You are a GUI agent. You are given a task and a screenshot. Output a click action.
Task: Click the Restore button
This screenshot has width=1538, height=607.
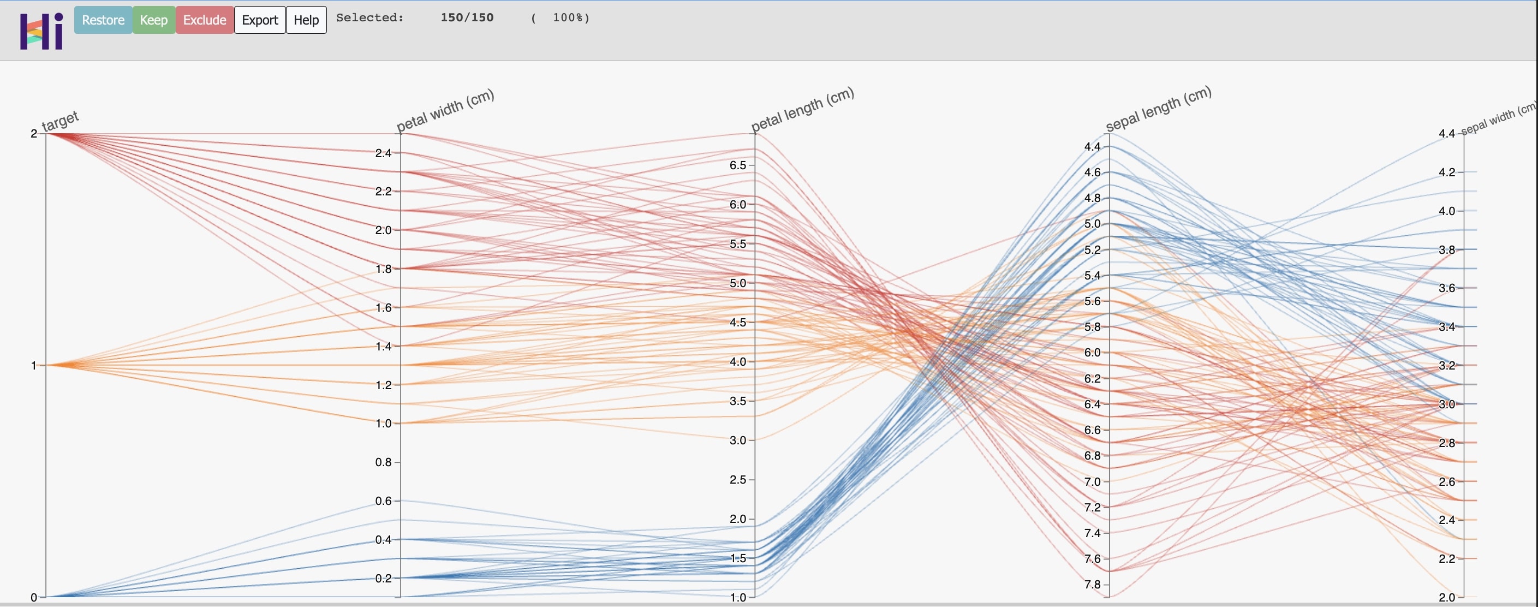point(103,20)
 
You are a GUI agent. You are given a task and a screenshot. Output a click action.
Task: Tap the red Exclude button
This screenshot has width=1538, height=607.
point(204,20)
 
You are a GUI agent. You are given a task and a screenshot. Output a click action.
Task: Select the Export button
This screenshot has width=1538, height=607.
point(260,20)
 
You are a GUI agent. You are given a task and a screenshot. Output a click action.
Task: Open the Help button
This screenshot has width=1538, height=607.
point(306,20)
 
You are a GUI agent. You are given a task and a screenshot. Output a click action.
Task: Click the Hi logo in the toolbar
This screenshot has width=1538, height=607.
point(41,31)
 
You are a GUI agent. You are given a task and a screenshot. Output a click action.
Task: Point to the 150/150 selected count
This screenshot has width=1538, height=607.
point(467,17)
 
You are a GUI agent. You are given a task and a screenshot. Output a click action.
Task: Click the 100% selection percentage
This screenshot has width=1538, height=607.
point(570,17)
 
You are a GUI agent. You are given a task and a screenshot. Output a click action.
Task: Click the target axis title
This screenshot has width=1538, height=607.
point(60,120)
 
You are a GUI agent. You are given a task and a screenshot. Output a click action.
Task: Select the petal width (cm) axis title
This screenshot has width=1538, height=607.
point(445,110)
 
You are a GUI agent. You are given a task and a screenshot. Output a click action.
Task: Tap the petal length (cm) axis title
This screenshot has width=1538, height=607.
point(802,109)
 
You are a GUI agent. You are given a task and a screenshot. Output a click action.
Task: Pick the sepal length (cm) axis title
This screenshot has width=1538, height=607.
point(1158,108)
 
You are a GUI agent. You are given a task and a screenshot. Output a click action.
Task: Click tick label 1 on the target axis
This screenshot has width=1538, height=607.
point(34,365)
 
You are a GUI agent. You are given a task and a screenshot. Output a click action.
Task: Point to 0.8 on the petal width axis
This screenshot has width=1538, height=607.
point(383,462)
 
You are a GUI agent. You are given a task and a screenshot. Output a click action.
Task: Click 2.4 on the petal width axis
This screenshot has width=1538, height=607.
point(383,153)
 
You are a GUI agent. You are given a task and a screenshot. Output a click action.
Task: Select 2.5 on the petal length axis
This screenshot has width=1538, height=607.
point(738,479)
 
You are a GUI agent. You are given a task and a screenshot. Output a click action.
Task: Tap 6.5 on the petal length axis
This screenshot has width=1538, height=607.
point(738,165)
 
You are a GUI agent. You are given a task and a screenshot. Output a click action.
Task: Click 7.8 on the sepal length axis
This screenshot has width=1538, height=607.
point(1093,584)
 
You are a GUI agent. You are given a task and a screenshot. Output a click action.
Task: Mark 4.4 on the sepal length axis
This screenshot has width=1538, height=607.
point(1093,147)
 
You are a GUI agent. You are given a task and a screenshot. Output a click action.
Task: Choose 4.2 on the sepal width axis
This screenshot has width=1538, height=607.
point(1447,172)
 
